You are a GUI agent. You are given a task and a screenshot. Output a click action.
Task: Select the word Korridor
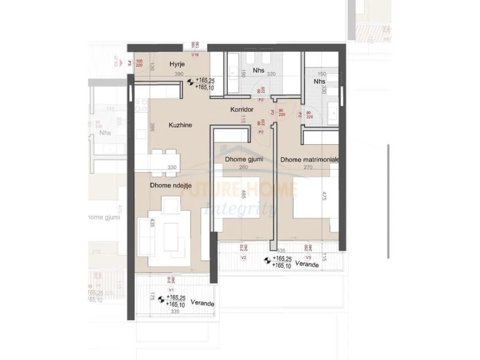(242, 110)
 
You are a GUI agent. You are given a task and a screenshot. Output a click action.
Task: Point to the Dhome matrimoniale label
(309, 160)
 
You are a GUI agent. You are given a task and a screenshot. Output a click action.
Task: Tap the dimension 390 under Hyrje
(178, 75)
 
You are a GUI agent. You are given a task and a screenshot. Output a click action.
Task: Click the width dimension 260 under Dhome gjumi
(230, 169)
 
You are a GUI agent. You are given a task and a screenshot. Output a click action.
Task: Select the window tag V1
(171, 290)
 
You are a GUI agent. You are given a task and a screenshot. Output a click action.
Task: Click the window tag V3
(308, 258)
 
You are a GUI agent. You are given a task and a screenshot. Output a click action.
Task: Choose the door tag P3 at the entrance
(129, 64)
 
